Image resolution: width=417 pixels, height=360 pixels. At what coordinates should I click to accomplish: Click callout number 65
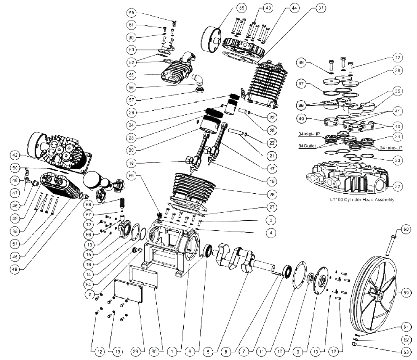(241, 8)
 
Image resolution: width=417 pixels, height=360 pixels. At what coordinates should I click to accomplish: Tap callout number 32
(398, 186)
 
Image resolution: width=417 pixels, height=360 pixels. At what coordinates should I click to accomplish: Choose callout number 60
(406, 230)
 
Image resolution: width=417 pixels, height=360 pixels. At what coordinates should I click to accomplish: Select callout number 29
(135, 352)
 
